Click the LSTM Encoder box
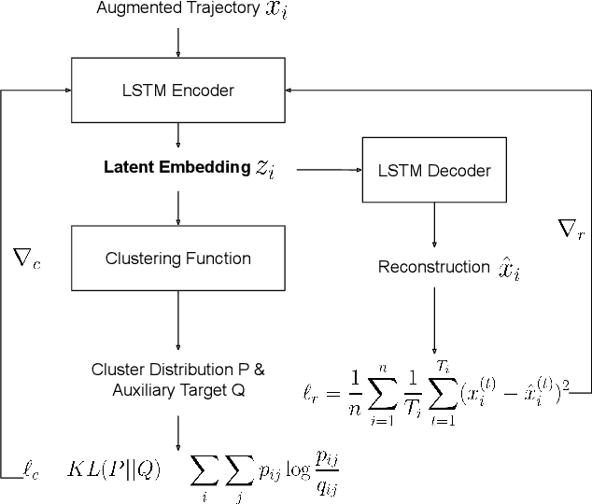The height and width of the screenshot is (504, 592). click(x=177, y=91)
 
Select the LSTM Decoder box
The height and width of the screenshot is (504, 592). click(x=433, y=171)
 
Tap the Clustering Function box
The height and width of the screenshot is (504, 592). click(x=177, y=258)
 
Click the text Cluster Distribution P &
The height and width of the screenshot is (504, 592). click(x=177, y=370)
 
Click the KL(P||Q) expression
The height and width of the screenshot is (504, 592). click(x=113, y=469)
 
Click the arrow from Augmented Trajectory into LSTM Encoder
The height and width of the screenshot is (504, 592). click(x=177, y=41)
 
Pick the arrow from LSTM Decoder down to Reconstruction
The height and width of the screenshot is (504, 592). click(x=433, y=224)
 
